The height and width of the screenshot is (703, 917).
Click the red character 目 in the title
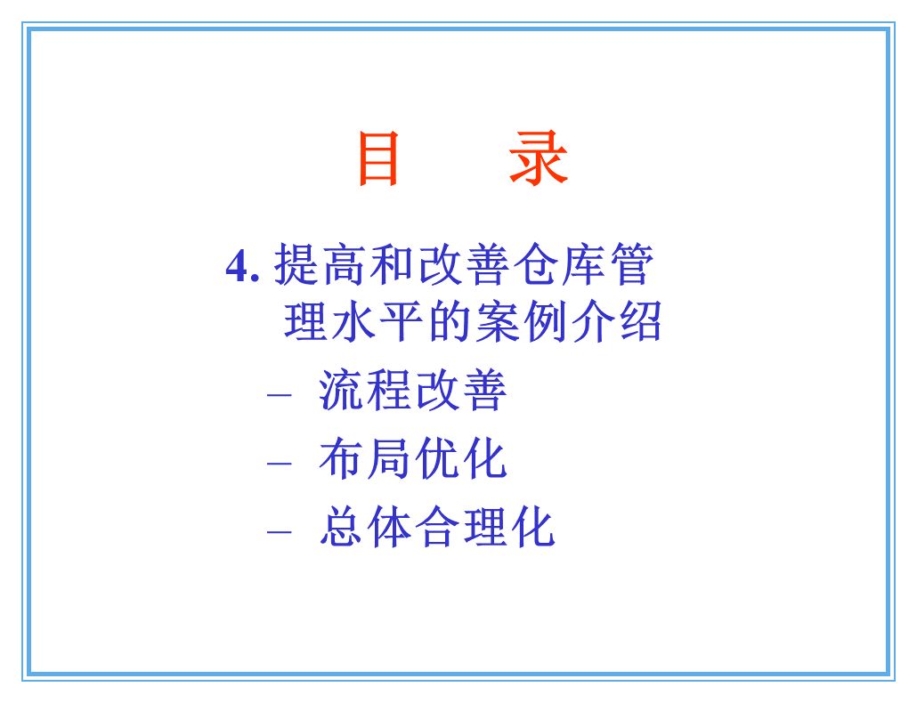(377, 159)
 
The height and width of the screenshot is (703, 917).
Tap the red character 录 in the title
(539, 159)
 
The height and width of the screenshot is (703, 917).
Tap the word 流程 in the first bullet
(365, 392)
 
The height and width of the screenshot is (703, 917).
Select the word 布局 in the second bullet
(365, 460)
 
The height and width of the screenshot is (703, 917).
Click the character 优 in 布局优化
(435, 460)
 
